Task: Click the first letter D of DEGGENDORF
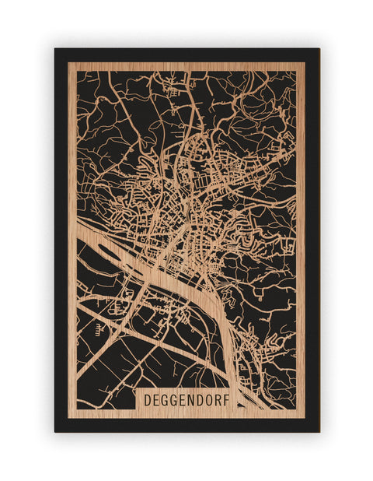pos(148,399)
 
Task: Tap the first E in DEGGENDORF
pos(157,399)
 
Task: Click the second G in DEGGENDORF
pos(175,399)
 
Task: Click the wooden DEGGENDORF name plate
pos(186,399)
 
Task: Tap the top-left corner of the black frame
pos(55,49)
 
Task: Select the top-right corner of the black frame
pos(319,49)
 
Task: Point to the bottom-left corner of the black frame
pos(55,431)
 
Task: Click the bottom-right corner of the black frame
pos(319,431)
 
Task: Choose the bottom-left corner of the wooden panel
pos(68,418)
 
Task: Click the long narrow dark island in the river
pos(117,261)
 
